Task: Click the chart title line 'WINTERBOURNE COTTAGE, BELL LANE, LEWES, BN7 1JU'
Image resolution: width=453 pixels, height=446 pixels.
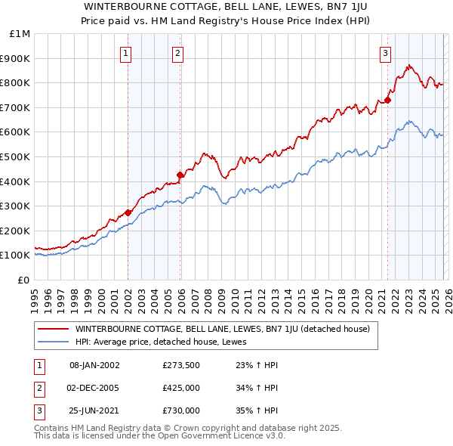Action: click(x=226, y=5)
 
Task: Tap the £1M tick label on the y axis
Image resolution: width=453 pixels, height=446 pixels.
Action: click(x=21, y=33)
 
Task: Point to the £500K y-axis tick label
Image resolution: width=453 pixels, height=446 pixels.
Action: click(x=17, y=156)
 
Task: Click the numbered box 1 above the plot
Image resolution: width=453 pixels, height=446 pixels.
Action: click(x=125, y=53)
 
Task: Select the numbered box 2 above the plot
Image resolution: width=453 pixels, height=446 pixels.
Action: click(x=177, y=53)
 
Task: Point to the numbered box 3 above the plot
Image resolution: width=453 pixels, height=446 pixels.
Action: click(x=385, y=53)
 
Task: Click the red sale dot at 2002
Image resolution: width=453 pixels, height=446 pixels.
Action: click(x=128, y=212)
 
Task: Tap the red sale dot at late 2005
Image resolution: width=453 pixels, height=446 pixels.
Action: click(x=180, y=175)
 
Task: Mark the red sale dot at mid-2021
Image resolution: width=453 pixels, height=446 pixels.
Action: click(x=387, y=100)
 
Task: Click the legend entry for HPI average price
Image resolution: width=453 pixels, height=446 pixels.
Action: click(x=167, y=342)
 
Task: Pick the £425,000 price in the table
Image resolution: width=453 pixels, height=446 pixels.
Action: click(x=181, y=388)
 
